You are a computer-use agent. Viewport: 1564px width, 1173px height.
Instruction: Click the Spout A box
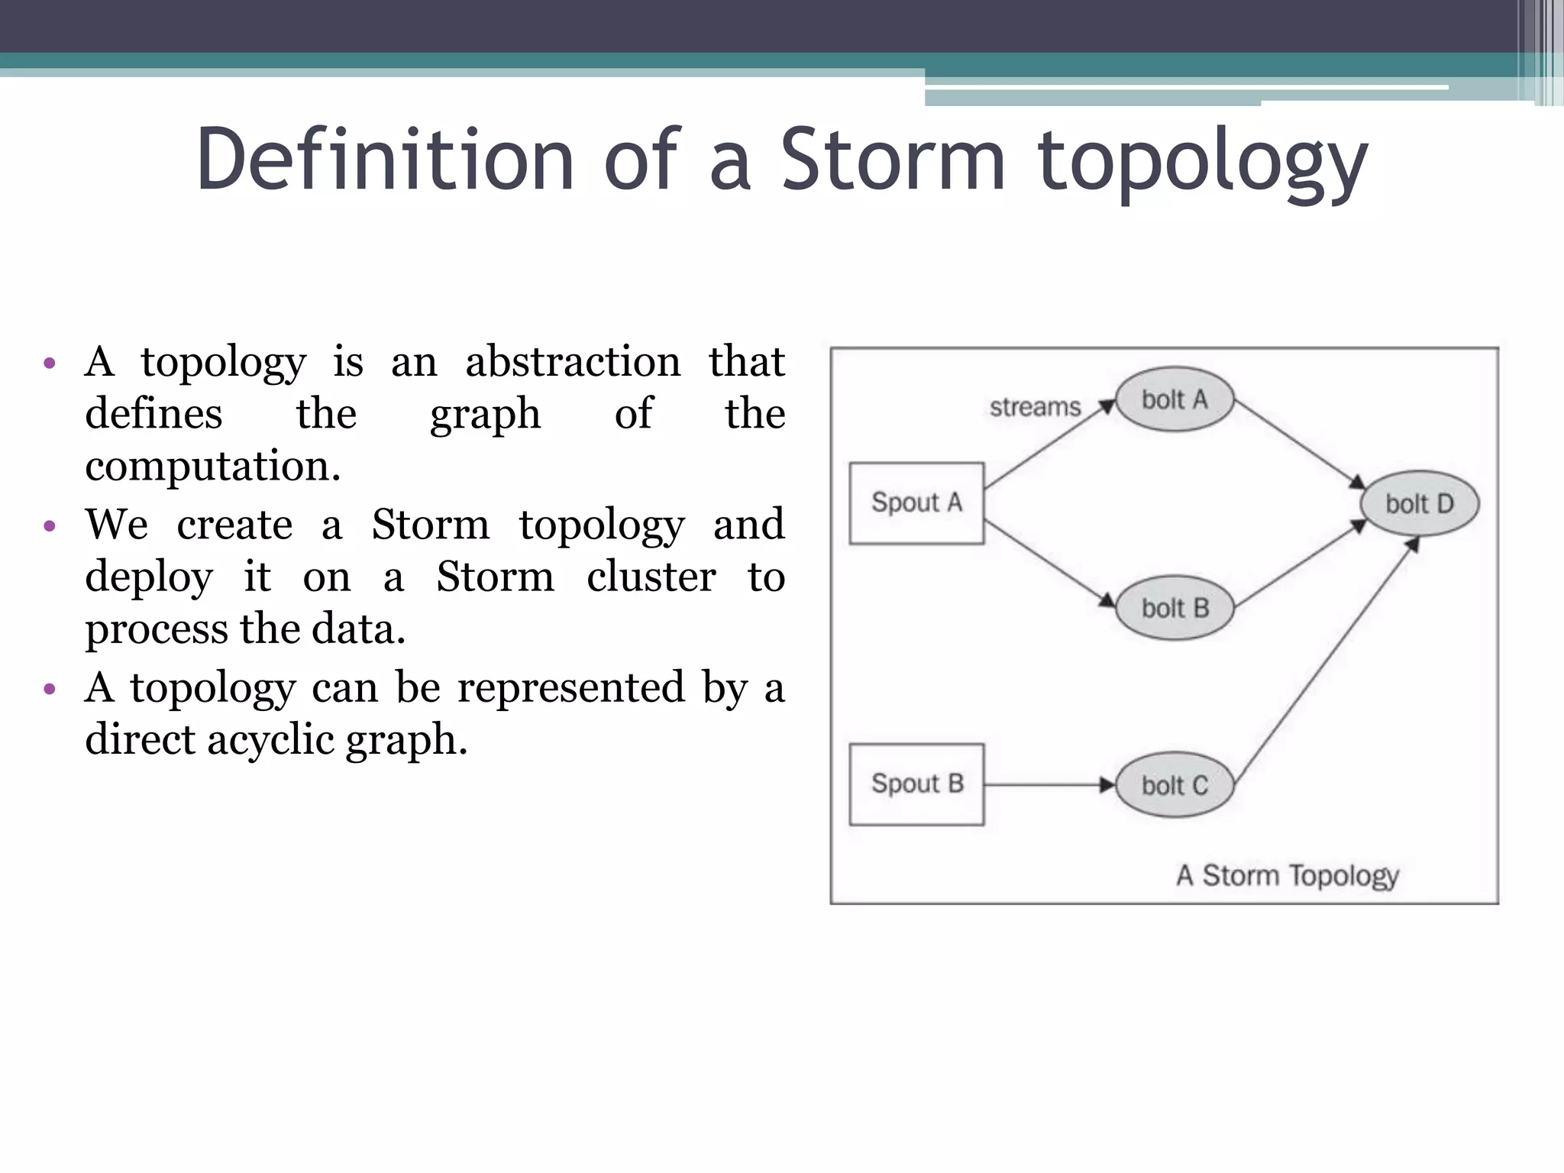(x=916, y=502)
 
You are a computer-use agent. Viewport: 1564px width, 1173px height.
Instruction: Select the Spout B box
(x=916, y=784)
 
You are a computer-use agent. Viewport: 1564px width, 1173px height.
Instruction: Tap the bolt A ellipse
(x=1175, y=399)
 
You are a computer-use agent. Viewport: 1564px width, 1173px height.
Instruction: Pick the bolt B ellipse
(x=1175, y=608)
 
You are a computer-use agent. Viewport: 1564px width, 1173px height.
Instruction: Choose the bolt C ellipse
(x=1175, y=785)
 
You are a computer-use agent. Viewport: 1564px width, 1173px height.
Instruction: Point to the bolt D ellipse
(x=1420, y=503)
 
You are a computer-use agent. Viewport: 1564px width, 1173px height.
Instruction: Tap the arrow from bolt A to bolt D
(x=1298, y=444)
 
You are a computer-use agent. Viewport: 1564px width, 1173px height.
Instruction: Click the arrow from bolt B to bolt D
(x=1298, y=565)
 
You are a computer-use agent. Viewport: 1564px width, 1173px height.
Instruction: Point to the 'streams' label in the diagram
(x=1035, y=407)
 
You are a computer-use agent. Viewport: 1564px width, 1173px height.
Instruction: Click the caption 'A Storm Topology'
(x=1288, y=875)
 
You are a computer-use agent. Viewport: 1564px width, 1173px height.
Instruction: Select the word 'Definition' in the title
(x=385, y=160)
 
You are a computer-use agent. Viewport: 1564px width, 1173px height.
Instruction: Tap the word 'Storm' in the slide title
(x=892, y=160)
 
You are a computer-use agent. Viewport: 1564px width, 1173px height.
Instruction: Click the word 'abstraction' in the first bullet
(x=573, y=361)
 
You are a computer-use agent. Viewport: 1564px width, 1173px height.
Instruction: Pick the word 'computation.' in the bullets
(x=212, y=466)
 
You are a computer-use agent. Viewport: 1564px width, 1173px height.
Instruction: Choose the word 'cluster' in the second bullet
(x=651, y=577)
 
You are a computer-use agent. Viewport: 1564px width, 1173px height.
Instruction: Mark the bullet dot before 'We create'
(x=50, y=525)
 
